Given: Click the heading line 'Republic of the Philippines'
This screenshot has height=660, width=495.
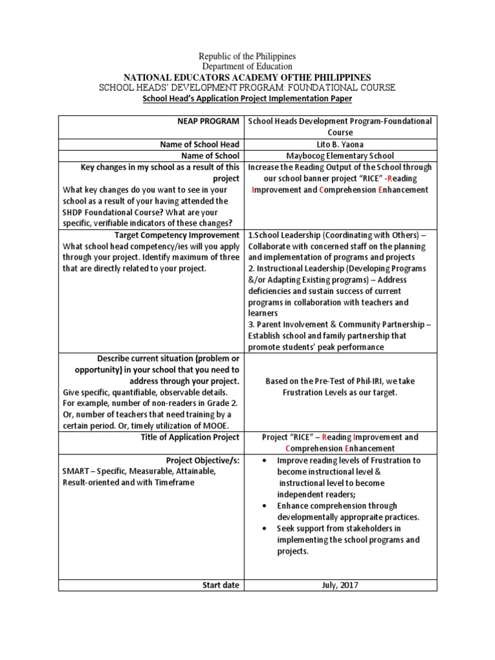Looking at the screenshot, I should tap(247, 57).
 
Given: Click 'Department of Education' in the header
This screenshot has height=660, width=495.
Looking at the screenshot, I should tap(247, 66).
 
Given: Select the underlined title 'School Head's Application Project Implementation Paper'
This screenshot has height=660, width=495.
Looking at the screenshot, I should tap(247, 99).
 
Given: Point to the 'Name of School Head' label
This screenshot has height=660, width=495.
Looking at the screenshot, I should tap(200, 144).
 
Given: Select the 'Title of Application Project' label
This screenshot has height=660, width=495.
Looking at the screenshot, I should tap(190, 437).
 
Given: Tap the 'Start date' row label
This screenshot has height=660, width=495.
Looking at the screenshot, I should tap(220, 585).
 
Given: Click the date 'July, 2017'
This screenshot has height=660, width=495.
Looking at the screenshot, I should tap(340, 585).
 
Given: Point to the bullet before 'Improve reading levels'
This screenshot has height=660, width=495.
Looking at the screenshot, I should tap(266, 461).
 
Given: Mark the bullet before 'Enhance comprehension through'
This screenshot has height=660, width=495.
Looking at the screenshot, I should tap(266, 506).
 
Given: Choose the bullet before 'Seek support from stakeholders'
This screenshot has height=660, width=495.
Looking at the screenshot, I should tap(266, 529).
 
